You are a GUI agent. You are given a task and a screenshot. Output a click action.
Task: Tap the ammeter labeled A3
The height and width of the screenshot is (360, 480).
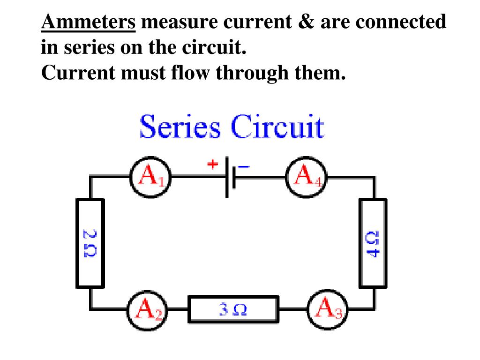point(328,309)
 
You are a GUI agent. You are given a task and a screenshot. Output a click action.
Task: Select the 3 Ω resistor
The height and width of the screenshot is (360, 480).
point(233,309)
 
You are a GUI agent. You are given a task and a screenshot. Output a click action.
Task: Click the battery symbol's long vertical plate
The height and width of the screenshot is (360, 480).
point(227,177)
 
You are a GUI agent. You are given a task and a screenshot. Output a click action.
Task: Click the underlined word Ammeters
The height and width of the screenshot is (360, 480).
point(89,22)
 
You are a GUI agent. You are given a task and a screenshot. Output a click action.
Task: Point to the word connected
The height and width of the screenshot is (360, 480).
point(402,22)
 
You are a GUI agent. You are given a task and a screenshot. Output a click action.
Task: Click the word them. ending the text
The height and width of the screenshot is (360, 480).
point(319,73)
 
